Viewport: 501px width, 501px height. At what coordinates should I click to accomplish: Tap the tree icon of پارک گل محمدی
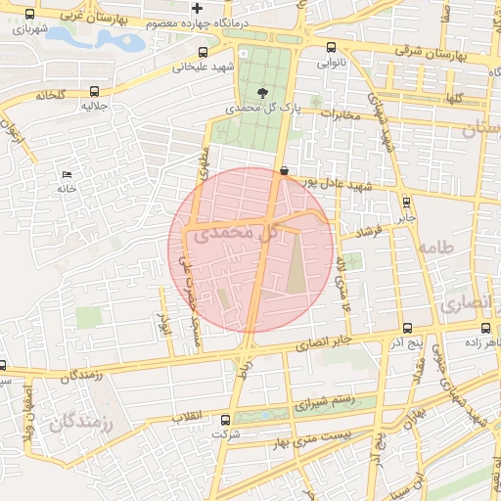pyautogui.click(x=259, y=93)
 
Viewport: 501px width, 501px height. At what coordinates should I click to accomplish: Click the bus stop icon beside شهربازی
pyautogui.click(x=29, y=15)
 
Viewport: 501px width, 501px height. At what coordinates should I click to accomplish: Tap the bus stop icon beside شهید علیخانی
pyautogui.click(x=203, y=53)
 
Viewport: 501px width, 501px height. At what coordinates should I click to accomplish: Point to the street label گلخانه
pyautogui.click(x=50, y=95)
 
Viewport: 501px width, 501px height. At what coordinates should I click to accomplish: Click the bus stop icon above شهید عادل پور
pyautogui.click(x=284, y=170)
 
